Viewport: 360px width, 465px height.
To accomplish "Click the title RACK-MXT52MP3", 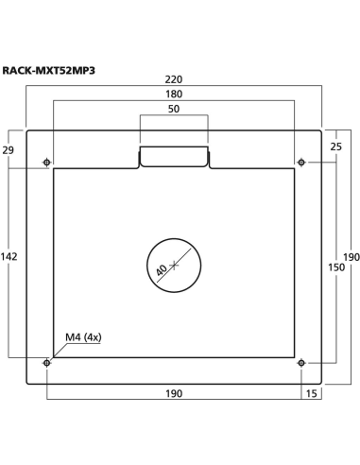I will pyautogui.click(x=49, y=68).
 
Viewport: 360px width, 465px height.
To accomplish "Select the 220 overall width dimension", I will pyautogui.click(x=174, y=82).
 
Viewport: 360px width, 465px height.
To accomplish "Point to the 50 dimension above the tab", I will pyautogui.click(x=174, y=110).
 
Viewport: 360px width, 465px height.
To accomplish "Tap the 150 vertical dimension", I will pyautogui.click(x=335, y=268).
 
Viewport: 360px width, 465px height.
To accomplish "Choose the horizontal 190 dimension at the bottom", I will pyautogui.click(x=174, y=392).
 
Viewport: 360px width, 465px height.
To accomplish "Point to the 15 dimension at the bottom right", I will pyautogui.click(x=312, y=392).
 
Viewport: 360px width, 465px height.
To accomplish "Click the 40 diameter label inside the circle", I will pyautogui.click(x=163, y=269).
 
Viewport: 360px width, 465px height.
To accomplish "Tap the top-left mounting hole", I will pyautogui.click(x=47, y=163).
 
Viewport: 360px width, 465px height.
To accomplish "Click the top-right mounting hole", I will pyautogui.click(x=300, y=163).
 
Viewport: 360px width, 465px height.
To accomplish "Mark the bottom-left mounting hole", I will pyautogui.click(x=47, y=362).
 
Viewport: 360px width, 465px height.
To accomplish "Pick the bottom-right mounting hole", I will pyautogui.click(x=300, y=362).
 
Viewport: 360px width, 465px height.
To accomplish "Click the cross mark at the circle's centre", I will pyautogui.click(x=174, y=265).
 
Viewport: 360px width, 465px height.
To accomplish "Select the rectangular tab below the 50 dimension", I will pyautogui.click(x=174, y=157).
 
